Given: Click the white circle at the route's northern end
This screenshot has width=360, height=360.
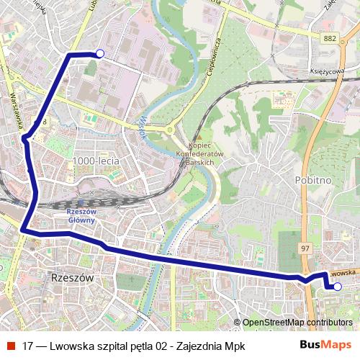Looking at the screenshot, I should pyautogui.click(x=100, y=53).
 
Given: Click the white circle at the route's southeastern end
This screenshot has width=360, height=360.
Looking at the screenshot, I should pyautogui.click(x=337, y=286).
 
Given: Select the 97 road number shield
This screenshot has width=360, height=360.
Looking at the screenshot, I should pyautogui.click(x=305, y=247).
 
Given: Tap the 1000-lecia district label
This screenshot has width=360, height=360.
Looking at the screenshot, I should pyautogui.click(x=96, y=161).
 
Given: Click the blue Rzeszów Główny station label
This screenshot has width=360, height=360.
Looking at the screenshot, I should pyautogui.click(x=81, y=216).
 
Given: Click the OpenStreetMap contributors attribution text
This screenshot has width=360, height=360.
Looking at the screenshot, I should pyautogui.click(x=297, y=323).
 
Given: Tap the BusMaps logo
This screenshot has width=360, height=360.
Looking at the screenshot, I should pyautogui.click(x=326, y=345).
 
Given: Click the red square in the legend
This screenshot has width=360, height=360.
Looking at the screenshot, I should pyautogui.click(x=9, y=346).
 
